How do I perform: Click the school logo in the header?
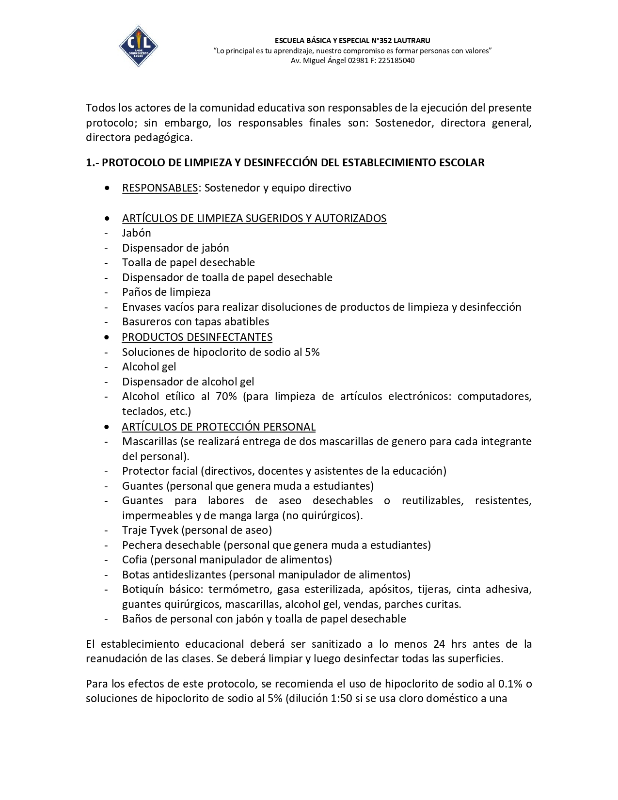click(x=138, y=46)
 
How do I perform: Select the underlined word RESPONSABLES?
click(x=160, y=188)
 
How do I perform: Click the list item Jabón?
click(x=137, y=233)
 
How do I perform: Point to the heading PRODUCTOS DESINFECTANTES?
click(x=197, y=337)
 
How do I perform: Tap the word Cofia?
click(x=134, y=560)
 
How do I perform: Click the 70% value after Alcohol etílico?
click(x=226, y=397)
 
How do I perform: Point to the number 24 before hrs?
click(x=437, y=644)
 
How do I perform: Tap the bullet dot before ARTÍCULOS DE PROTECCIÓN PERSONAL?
click(x=107, y=427)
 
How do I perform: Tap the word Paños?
click(x=136, y=292)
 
